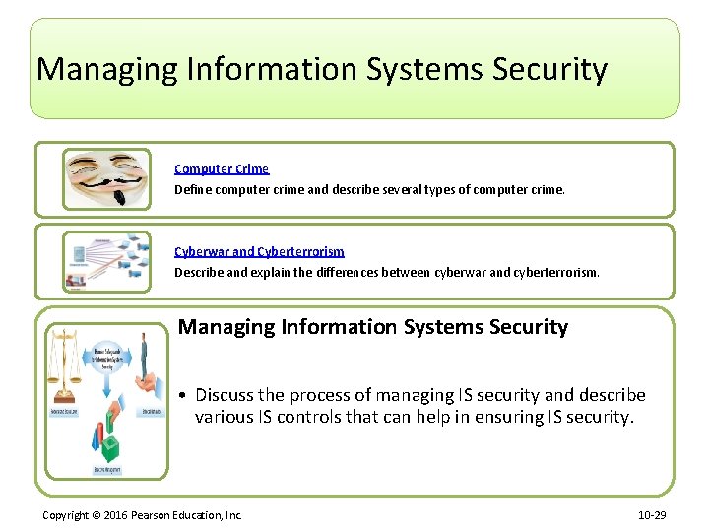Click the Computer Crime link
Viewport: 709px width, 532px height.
222,169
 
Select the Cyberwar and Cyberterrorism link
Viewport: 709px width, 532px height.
259,252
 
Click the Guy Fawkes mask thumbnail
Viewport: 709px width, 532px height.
106,178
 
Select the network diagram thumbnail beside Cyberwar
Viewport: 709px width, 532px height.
106,261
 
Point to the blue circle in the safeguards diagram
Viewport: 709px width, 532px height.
105,360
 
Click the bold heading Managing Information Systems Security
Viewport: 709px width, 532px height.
373,327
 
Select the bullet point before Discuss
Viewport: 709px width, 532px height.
184,396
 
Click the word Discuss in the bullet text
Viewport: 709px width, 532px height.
225,395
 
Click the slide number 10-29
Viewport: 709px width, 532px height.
653,515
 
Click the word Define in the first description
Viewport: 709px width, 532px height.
191,188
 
